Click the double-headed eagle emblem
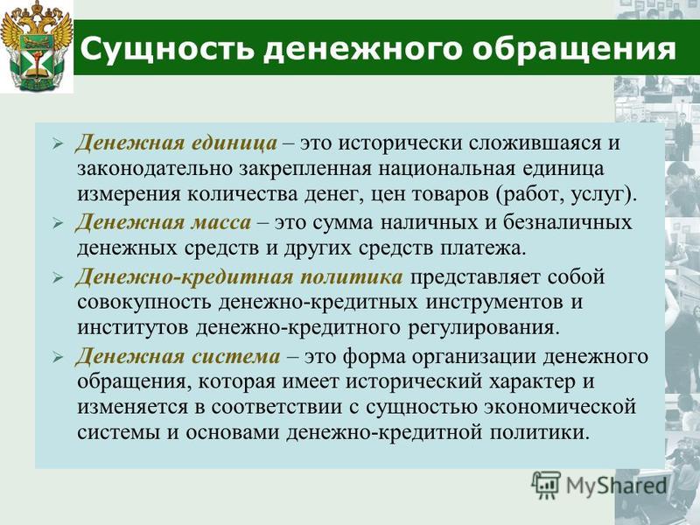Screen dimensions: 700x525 click(37, 47)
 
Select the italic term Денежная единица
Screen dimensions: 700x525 click(177, 143)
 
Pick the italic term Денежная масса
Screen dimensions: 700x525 click(164, 222)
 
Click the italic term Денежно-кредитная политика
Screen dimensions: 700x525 click(239, 277)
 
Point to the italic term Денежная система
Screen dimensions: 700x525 click(178, 357)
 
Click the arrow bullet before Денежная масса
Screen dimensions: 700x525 click(58, 224)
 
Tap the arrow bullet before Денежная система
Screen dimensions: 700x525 click(58, 358)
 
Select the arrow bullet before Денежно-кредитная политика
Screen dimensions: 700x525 click(58, 278)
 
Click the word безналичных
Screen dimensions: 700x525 click(568, 222)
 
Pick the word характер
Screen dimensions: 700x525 click(530, 382)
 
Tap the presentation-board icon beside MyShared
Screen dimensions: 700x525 click(546, 485)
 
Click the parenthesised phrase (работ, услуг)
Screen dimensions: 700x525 click(564, 195)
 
